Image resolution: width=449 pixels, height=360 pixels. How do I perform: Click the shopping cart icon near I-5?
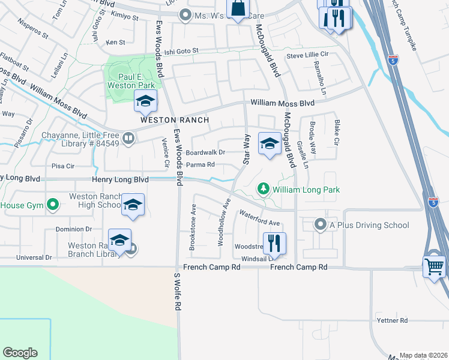point(434,265)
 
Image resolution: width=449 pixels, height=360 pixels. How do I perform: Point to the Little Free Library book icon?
point(128,139)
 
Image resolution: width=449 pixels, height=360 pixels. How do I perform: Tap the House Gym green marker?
point(53,205)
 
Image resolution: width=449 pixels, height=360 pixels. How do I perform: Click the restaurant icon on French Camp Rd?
point(274,243)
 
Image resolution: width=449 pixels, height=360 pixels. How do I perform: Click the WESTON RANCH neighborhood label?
point(175,120)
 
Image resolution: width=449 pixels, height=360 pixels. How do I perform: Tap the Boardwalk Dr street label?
point(205,152)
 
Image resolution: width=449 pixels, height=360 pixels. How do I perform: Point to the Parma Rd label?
point(200,164)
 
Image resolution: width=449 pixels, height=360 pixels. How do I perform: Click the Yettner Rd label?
point(393,320)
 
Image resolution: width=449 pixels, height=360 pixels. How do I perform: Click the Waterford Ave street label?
point(259,218)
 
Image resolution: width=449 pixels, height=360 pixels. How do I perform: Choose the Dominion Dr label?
point(73,229)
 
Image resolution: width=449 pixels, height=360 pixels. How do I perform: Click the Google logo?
point(20,353)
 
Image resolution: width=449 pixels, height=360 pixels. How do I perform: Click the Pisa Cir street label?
point(62,166)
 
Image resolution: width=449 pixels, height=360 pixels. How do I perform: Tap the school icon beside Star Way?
point(270,143)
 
